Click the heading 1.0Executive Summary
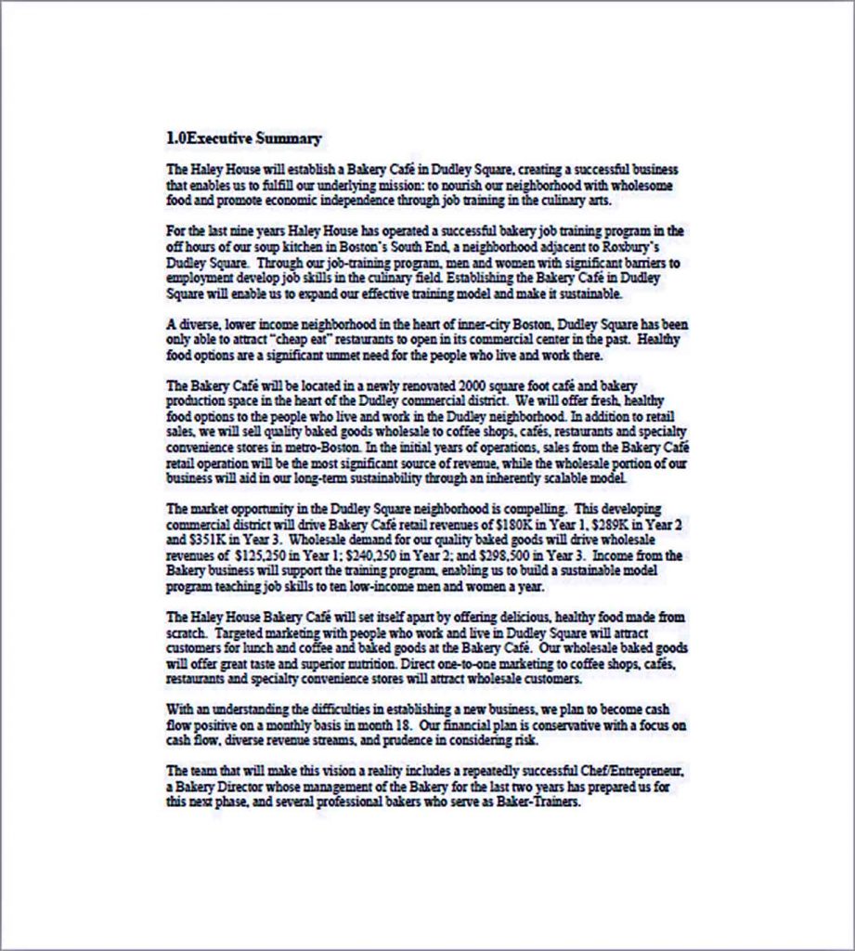click(243, 139)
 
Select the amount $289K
click(610, 524)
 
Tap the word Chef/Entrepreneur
click(628, 771)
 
